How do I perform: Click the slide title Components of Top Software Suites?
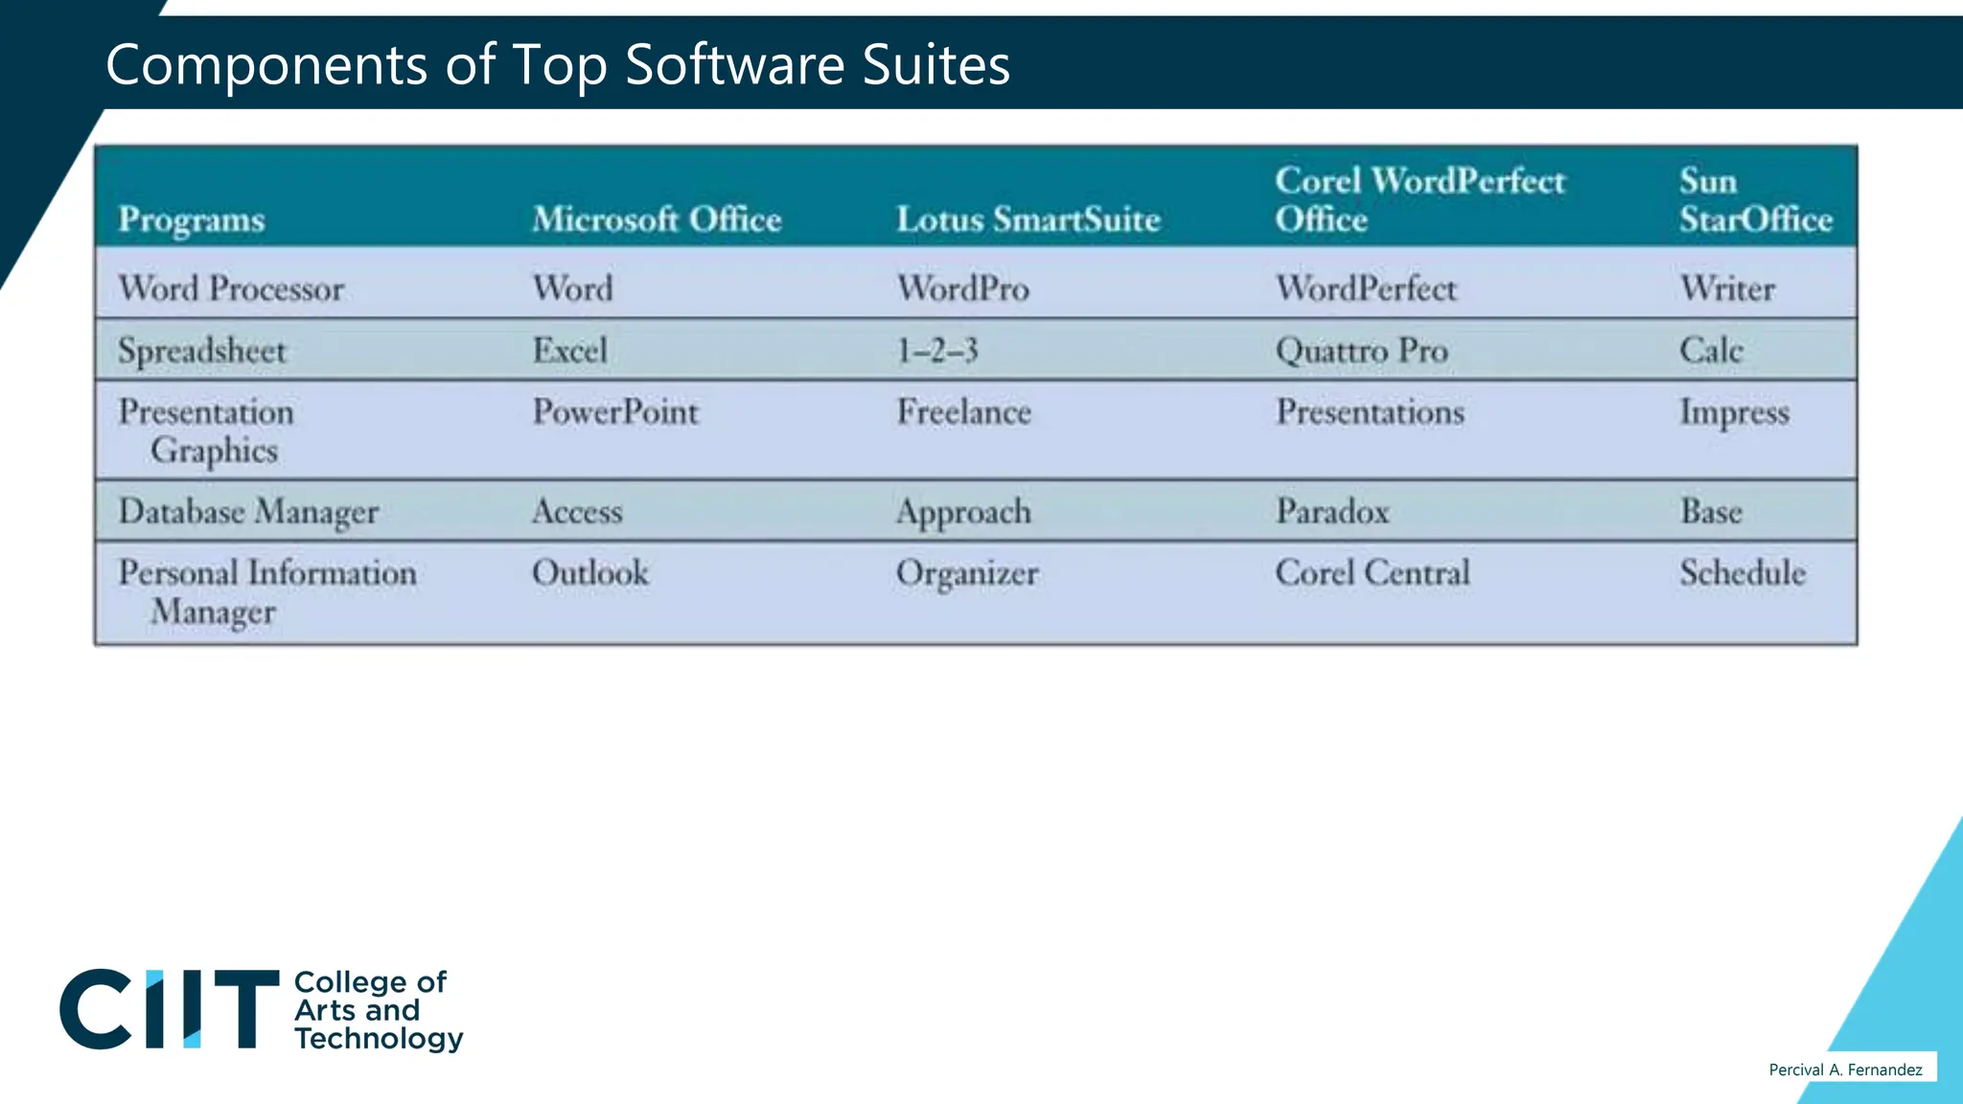coord(557,65)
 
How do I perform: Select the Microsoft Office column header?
coord(657,219)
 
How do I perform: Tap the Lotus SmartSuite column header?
coord(1028,219)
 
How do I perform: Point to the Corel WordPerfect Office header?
coord(1419,199)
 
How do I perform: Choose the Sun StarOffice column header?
coord(1755,199)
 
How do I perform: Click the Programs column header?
coord(191,219)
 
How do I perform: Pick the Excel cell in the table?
coord(569,350)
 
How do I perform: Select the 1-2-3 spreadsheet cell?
coord(936,350)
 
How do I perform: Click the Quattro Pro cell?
coord(1361,350)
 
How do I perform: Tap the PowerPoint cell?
coord(615,412)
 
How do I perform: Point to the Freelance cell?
coord(963,412)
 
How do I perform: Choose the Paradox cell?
coord(1332,511)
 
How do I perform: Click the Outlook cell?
coord(589,573)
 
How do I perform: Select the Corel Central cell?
coord(1372,573)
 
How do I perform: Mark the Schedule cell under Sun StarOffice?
coord(1742,573)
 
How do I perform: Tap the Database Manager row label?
coord(248,512)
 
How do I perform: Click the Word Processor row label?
coord(231,288)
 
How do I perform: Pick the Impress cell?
coord(1734,412)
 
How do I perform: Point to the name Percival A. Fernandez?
coord(1845,1069)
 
